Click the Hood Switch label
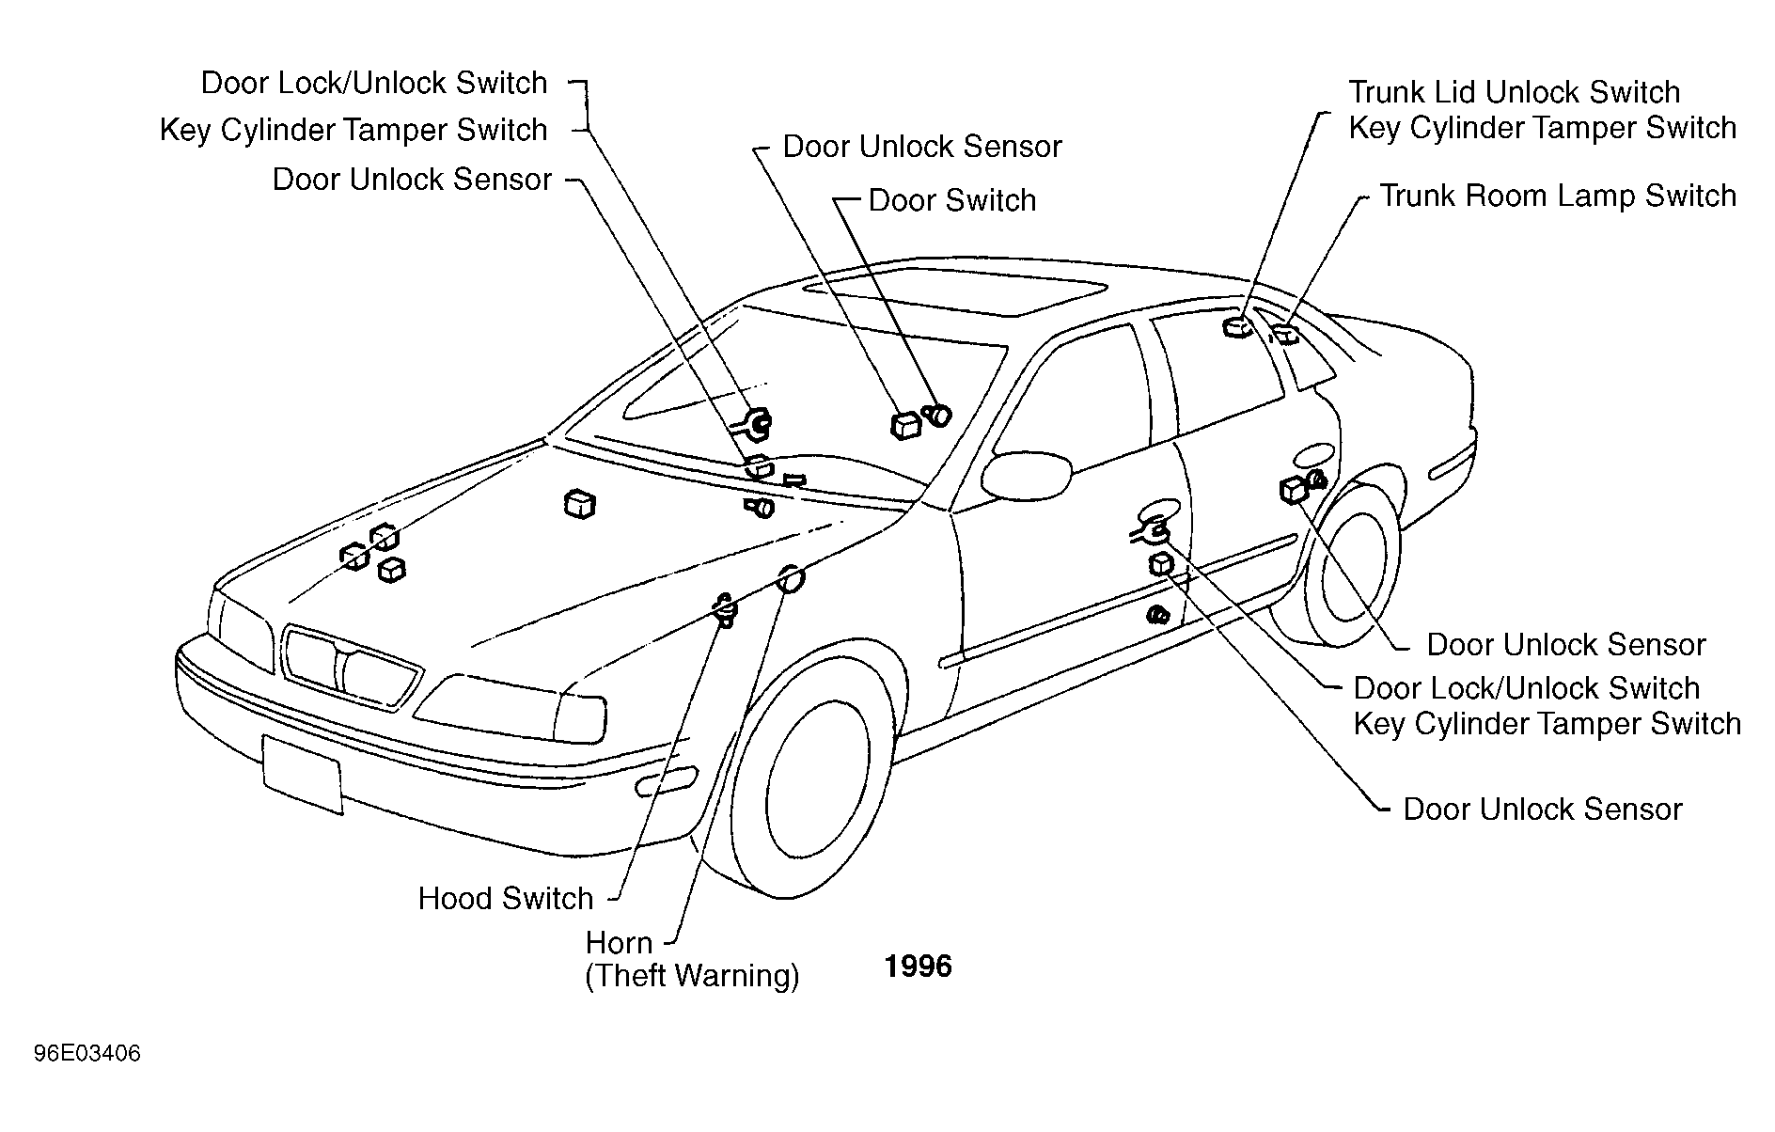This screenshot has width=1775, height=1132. [x=506, y=899]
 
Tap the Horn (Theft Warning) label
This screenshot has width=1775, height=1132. [x=692, y=959]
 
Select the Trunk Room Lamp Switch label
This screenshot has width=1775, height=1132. [x=1558, y=196]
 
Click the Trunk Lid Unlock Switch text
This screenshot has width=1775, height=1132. [x=1514, y=92]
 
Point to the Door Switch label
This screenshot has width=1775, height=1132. [x=951, y=200]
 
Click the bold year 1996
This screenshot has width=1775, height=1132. [x=919, y=967]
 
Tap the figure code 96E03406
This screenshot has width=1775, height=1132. [x=87, y=1053]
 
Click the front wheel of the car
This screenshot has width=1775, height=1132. [x=814, y=777]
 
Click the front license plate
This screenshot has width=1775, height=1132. [x=303, y=774]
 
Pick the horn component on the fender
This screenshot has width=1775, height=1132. [x=790, y=580]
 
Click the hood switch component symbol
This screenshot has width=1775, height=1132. [x=725, y=609]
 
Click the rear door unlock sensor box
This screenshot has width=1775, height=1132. [x=1296, y=490]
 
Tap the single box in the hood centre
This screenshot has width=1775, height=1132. [x=580, y=504]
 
